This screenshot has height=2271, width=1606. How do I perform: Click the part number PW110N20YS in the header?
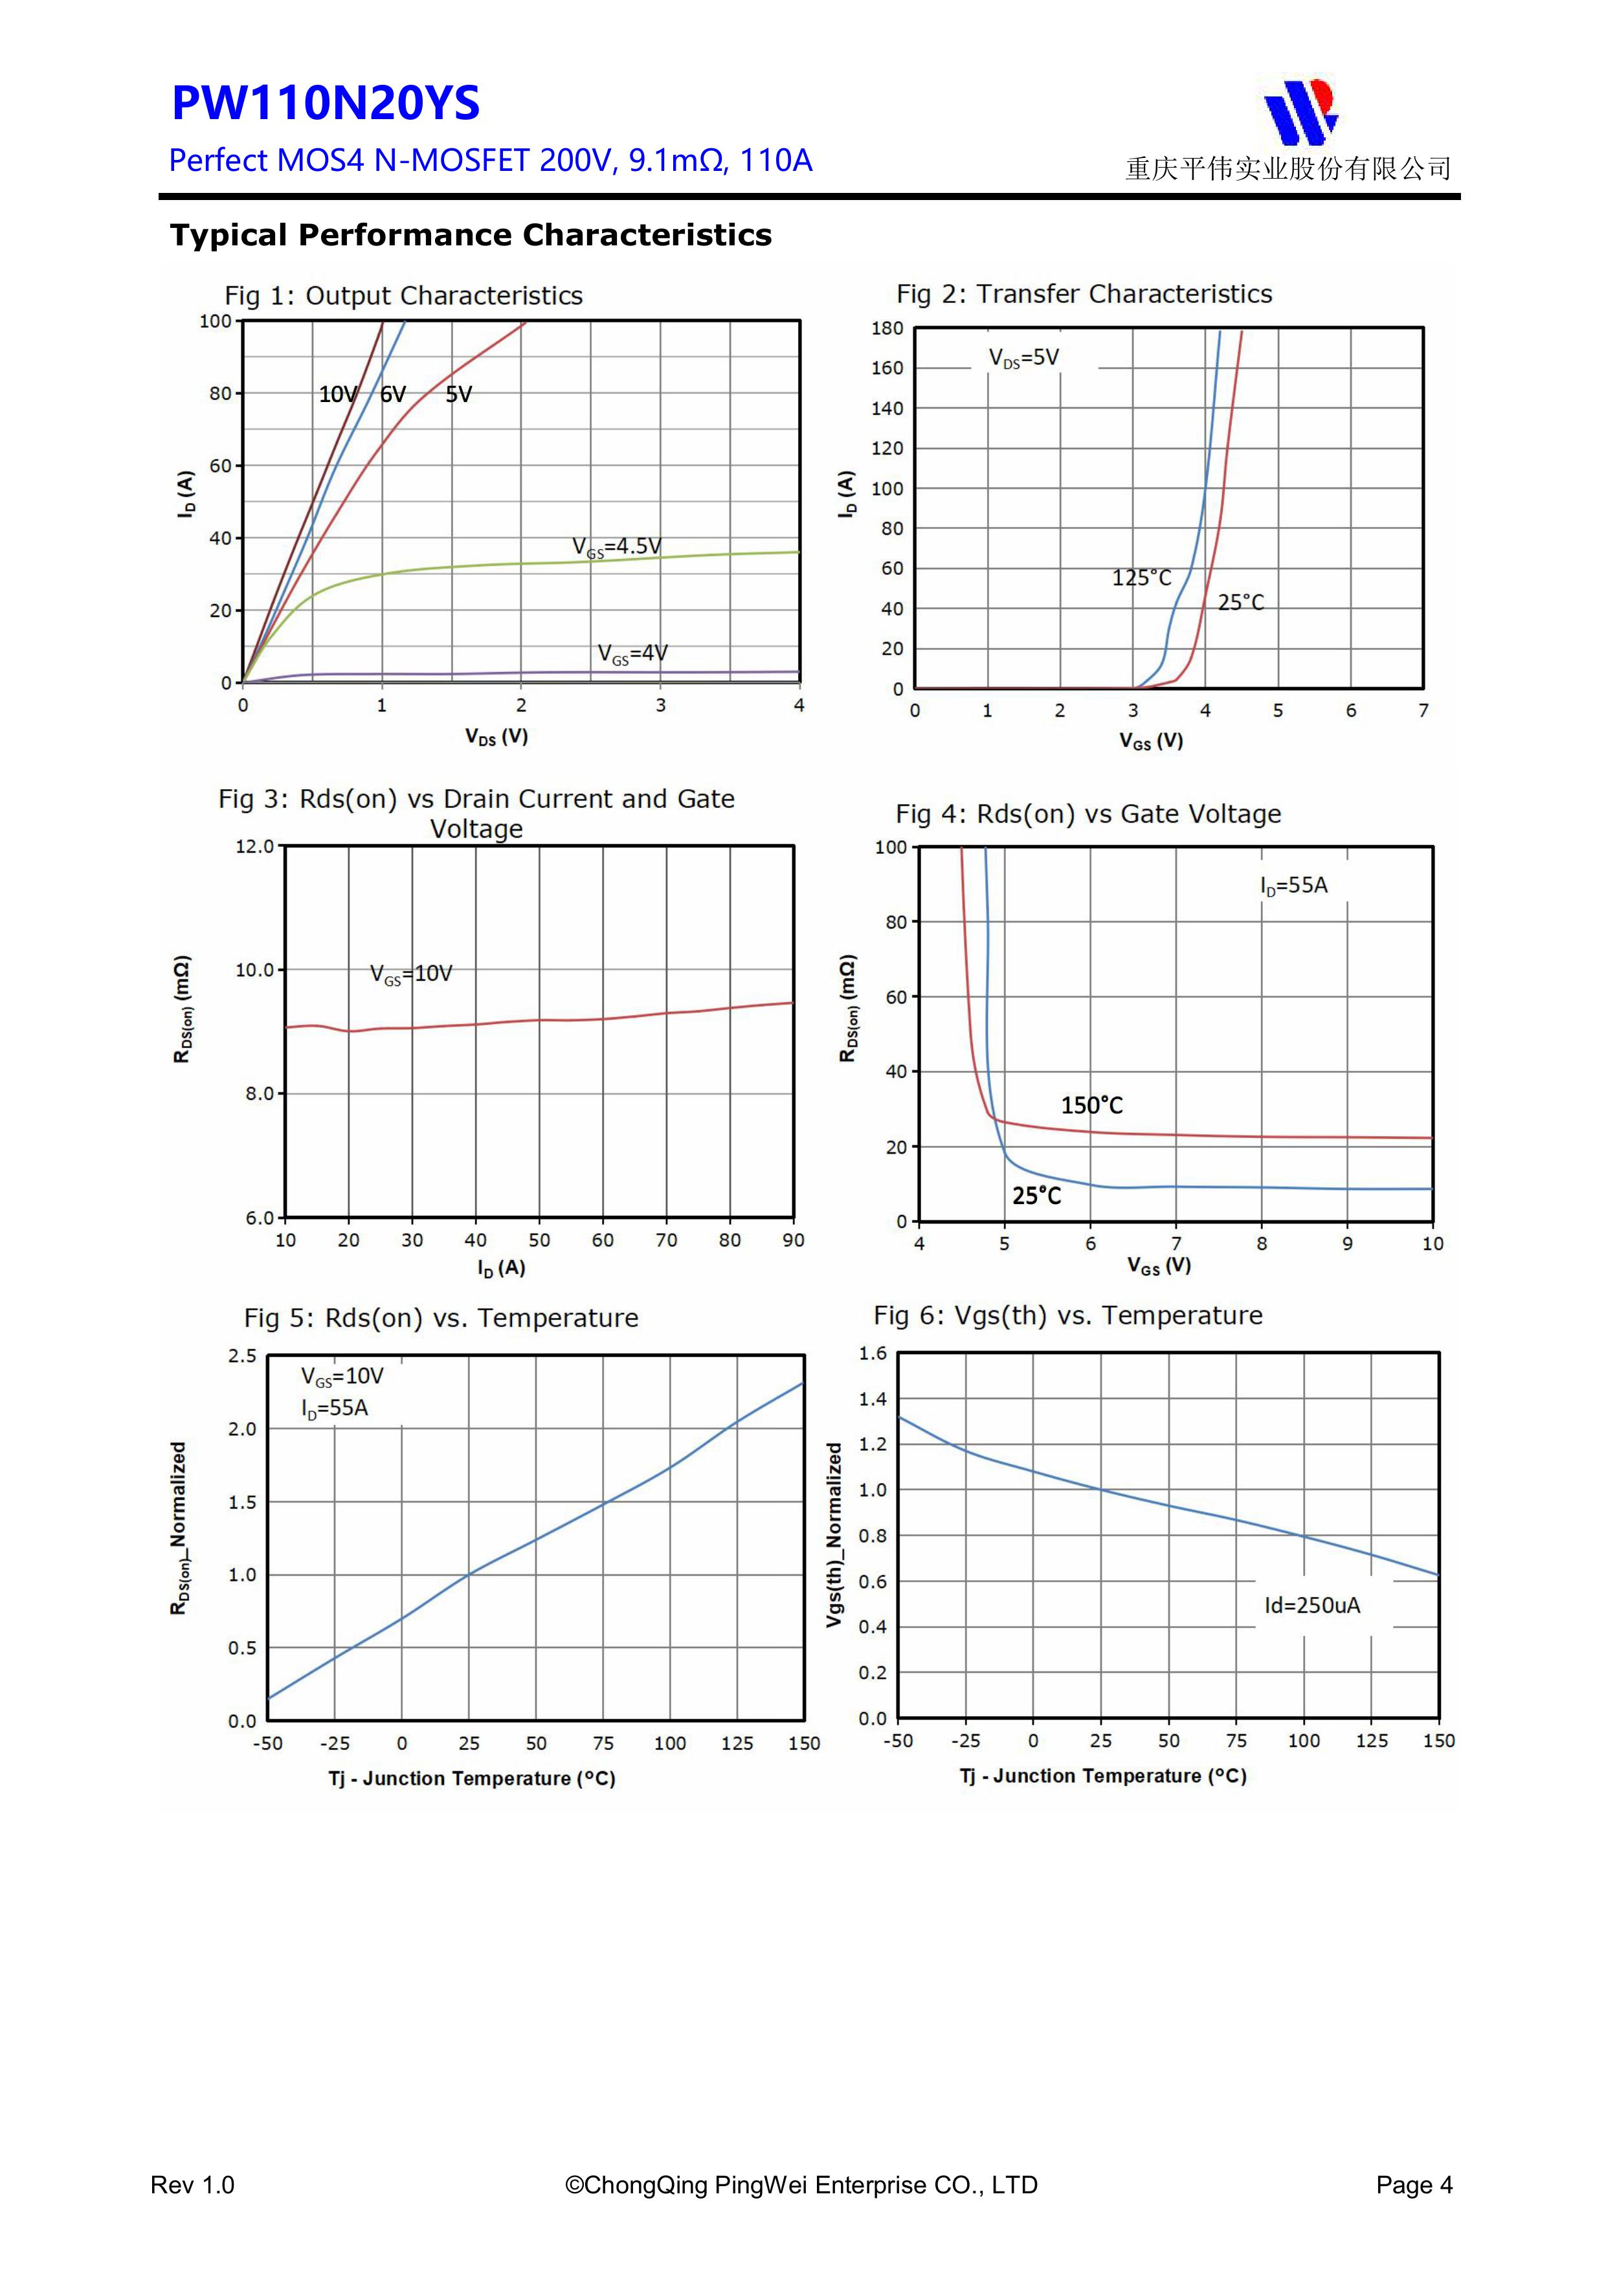pyautogui.click(x=326, y=104)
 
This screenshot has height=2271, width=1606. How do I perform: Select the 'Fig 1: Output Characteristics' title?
pyautogui.click(x=403, y=296)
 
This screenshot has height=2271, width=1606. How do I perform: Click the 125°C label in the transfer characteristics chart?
pyautogui.click(x=1141, y=577)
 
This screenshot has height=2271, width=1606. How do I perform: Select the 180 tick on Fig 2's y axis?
pyautogui.click(x=887, y=328)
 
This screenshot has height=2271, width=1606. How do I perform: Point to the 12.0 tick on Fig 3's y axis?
pyautogui.click(x=254, y=847)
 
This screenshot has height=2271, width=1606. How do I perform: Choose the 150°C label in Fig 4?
pyautogui.click(x=1092, y=1106)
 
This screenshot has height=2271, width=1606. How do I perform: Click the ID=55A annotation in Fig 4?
pyautogui.click(x=1293, y=885)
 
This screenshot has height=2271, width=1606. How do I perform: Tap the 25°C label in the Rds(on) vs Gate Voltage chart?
pyautogui.click(x=1036, y=1196)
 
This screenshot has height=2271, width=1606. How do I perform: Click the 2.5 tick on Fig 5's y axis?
pyautogui.click(x=242, y=1356)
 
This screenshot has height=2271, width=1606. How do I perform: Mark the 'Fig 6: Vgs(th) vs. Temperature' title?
pyautogui.click(x=1068, y=1315)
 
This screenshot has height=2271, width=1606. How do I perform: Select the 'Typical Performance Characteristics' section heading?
pyautogui.click(x=471, y=236)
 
